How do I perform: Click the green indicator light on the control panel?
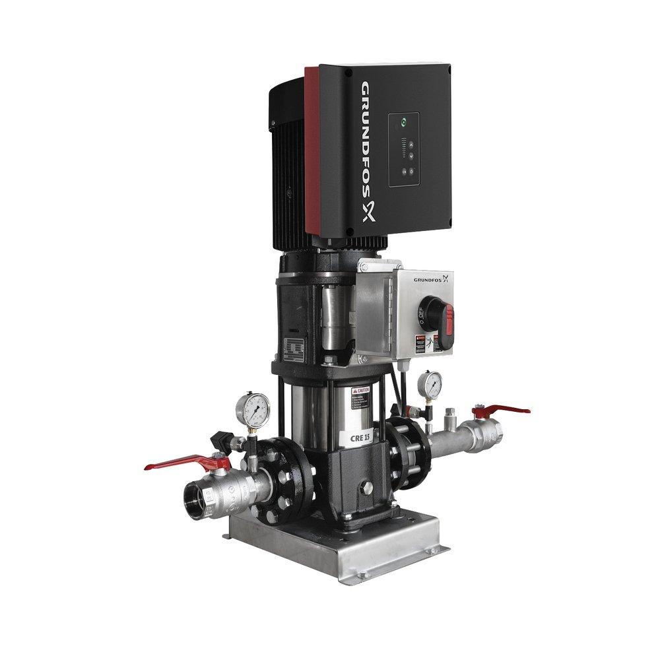tap(403, 122)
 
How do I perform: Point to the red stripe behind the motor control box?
tap(311, 152)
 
